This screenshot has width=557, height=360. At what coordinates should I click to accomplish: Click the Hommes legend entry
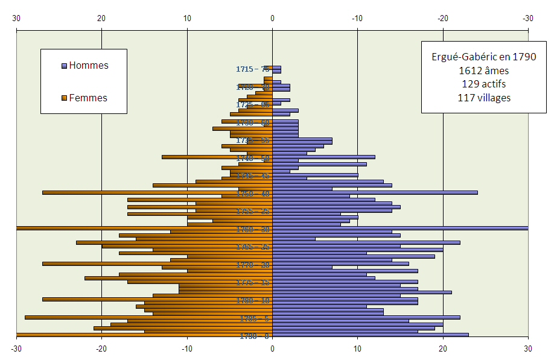tap(88, 65)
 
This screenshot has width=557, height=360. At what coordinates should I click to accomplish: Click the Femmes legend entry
tap(88, 98)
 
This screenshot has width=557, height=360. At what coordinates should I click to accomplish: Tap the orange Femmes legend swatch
tap(65, 98)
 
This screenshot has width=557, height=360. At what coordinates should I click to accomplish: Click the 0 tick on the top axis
tap(272, 18)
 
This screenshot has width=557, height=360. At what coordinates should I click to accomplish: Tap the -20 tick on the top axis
tap(442, 18)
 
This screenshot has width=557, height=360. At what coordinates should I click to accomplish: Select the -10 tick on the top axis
tap(357, 18)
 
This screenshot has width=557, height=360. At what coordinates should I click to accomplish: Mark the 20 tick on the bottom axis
tap(102, 348)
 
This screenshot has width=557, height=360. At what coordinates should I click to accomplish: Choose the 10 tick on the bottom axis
tap(187, 348)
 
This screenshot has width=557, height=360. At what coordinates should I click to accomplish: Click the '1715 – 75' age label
tap(253, 69)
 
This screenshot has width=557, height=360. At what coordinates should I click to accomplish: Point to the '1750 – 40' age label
tap(253, 194)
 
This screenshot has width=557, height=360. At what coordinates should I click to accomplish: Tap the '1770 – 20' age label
tap(253, 265)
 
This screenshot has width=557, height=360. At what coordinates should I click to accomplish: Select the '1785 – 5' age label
tap(253, 318)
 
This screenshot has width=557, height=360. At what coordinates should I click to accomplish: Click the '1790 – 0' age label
tap(253, 336)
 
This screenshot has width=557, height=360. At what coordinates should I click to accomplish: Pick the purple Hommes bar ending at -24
tap(375, 193)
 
